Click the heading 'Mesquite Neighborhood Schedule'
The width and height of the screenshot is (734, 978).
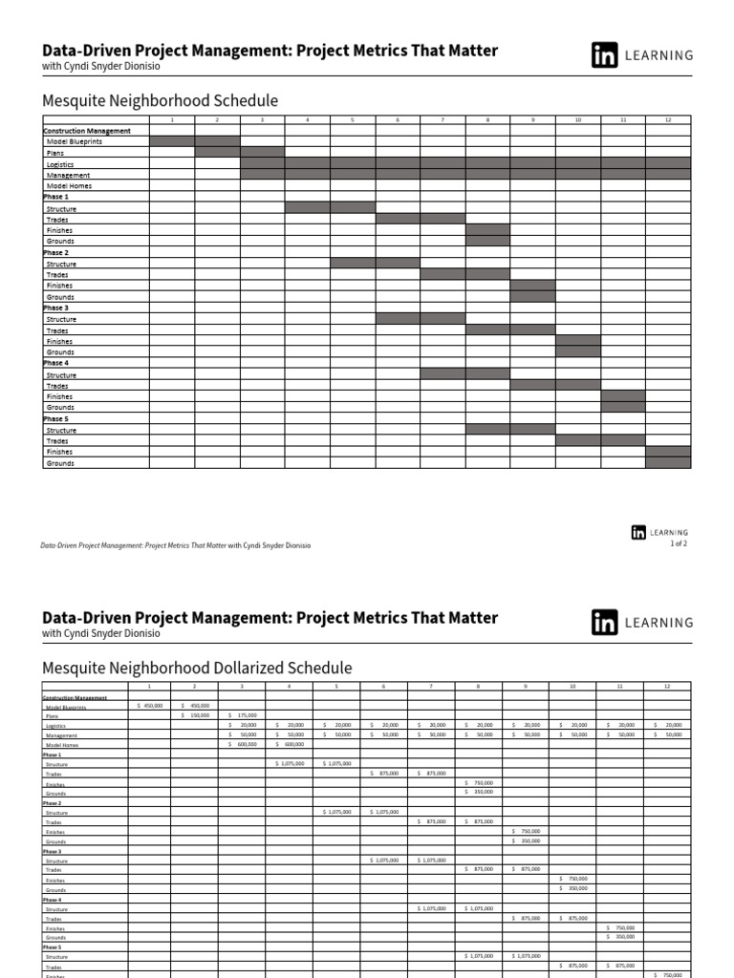pos(160,100)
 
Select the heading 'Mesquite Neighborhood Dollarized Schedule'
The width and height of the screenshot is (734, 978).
pos(197,668)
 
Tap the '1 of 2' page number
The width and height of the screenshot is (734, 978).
pos(678,543)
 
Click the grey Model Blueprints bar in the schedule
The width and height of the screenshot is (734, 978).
pos(195,141)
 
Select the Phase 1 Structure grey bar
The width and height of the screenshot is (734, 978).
pos(330,207)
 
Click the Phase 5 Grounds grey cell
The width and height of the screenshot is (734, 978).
pos(668,462)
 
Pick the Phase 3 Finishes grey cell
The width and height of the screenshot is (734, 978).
pos(578,341)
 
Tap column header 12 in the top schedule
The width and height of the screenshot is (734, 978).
pos(668,119)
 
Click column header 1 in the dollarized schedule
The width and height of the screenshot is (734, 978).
pos(149,686)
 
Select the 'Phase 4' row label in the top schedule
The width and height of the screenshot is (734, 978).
pos(55,363)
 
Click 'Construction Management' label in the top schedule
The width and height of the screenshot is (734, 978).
pos(87,130)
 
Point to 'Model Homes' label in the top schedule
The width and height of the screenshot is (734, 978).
pos(68,186)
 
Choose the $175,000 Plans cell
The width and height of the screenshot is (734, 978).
pos(243,715)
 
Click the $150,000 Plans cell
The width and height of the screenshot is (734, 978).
pos(195,715)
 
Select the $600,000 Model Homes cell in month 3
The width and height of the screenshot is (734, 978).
pos(243,744)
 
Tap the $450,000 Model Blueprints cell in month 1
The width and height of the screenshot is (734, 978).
pos(149,706)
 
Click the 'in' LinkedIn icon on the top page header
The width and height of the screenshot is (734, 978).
pos(604,55)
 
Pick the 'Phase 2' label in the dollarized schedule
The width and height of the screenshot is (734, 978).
pos(53,803)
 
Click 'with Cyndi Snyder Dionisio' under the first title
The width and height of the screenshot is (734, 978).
pos(100,66)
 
